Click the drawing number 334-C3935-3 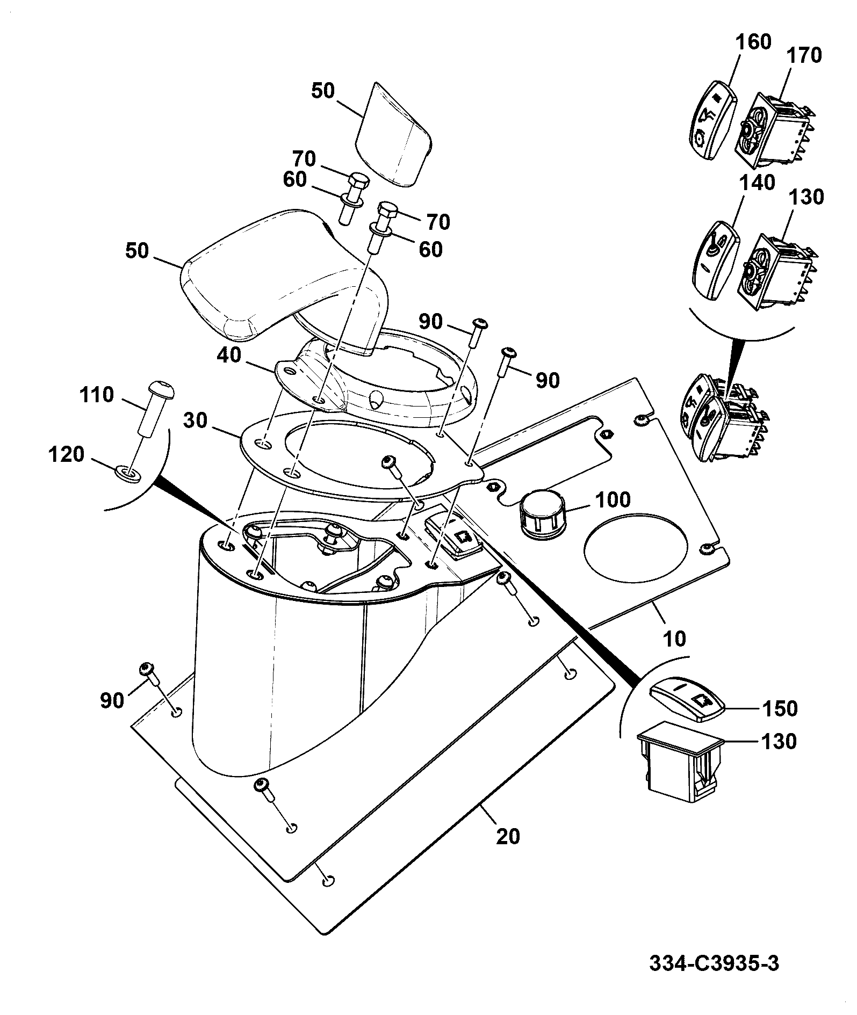click(x=714, y=963)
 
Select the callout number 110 click(x=96, y=395)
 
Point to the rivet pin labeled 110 click(x=157, y=409)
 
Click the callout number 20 click(x=508, y=836)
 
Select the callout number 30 click(x=195, y=421)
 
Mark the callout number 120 click(x=67, y=454)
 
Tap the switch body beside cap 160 click(x=775, y=129)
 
